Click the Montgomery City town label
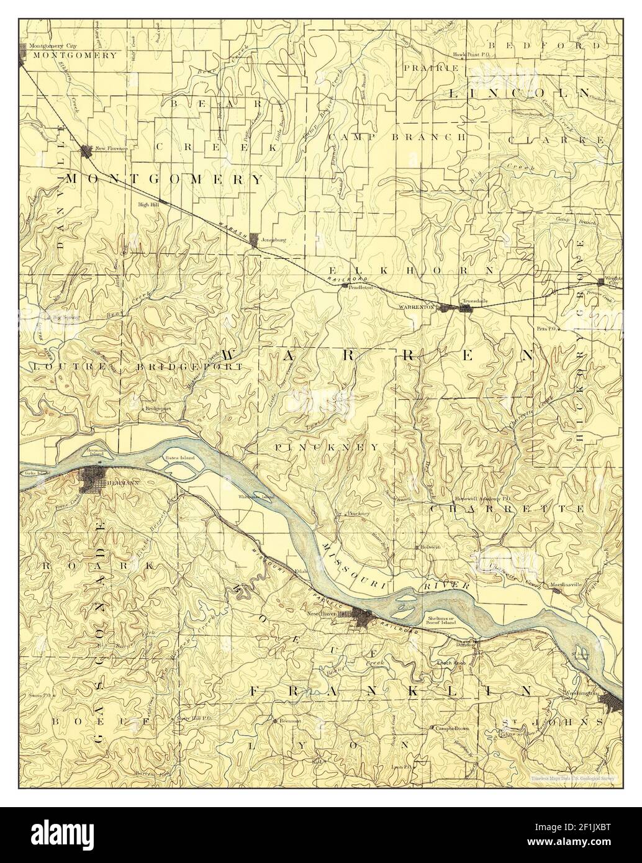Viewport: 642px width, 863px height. tap(47, 47)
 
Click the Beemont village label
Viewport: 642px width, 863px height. tap(289, 721)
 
